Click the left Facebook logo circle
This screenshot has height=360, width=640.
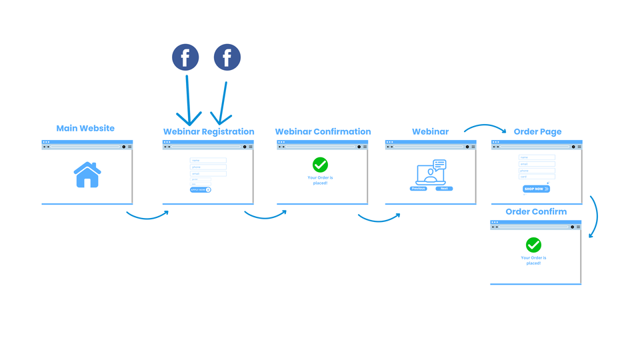(x=186, y=57)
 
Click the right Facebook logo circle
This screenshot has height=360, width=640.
(x=227, y=57)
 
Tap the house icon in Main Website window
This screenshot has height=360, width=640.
(x=87, y=175)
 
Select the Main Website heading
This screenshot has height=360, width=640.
(x=85, y=128)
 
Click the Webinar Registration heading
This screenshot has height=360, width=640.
(x=209, y=131)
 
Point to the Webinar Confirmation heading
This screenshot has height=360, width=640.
(x=323, y=131)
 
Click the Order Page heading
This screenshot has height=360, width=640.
(x=537, y=131)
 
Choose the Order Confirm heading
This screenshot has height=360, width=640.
(x=536, y=211)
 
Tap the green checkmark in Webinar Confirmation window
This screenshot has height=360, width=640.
(x=321, y=165)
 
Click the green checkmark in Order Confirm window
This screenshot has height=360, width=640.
(x=533, y=245)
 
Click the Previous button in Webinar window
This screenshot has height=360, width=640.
(x=418, y=189)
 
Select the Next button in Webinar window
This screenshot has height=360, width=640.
(x=444, y=189)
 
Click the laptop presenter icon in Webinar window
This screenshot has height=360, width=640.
(x=431, y=173)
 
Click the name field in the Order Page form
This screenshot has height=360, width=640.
(x=537, y=158)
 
